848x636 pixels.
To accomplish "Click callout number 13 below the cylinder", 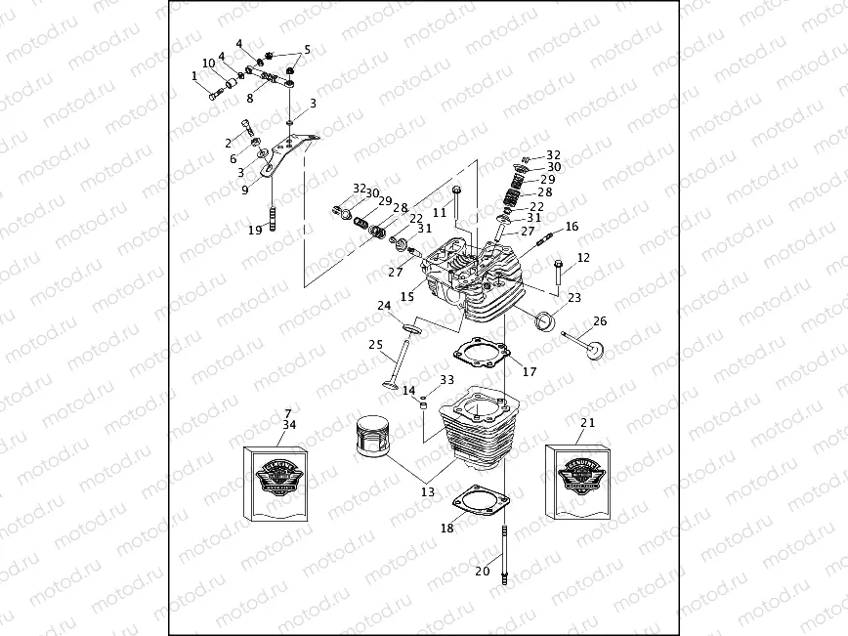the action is [x=428, y=492].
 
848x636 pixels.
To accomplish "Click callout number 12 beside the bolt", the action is [x=583, y=258].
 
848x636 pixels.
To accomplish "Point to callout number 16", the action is [x=572, y=226].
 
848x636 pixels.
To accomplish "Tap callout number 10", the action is [x=208, y=64].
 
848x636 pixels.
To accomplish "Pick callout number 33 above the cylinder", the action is [x=446, y=380].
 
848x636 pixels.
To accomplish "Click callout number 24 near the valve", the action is [x=385, y=306].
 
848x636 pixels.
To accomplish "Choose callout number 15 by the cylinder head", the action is [x=406, y=296].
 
